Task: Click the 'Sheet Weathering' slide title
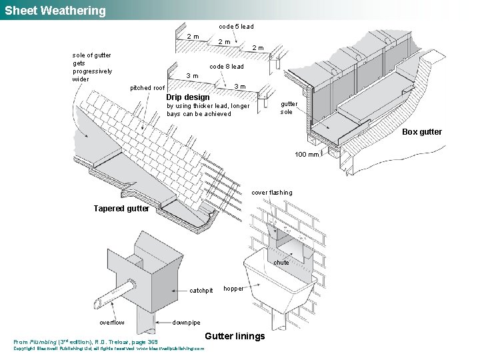(55, 11)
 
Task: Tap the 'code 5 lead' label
(236, 27)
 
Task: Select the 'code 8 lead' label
(227, 67)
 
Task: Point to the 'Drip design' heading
(187, 97)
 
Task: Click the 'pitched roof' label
(147, 88)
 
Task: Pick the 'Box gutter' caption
(421, 132)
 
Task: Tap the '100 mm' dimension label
(307, 155)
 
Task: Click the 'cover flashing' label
(271, 193)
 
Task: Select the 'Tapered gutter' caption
(121, 209)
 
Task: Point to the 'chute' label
(281, 263)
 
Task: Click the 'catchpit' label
(201, 291)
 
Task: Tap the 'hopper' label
(234, 289)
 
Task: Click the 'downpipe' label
(186, 323)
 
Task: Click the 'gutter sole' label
(289, 108)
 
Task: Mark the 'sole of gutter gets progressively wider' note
(92, 67)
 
